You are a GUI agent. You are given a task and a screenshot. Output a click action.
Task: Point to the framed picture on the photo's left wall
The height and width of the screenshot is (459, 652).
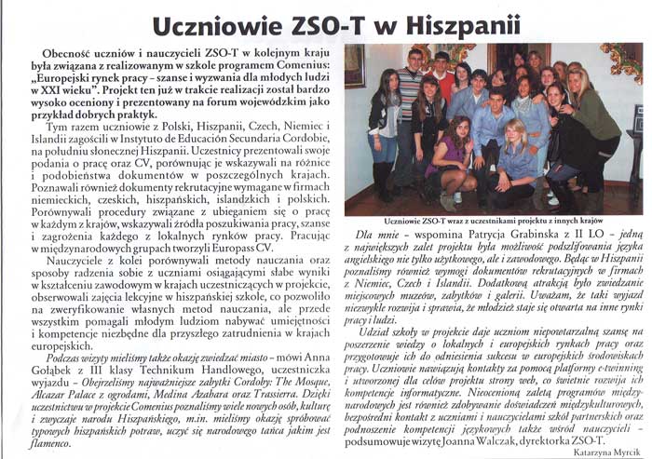355,66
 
